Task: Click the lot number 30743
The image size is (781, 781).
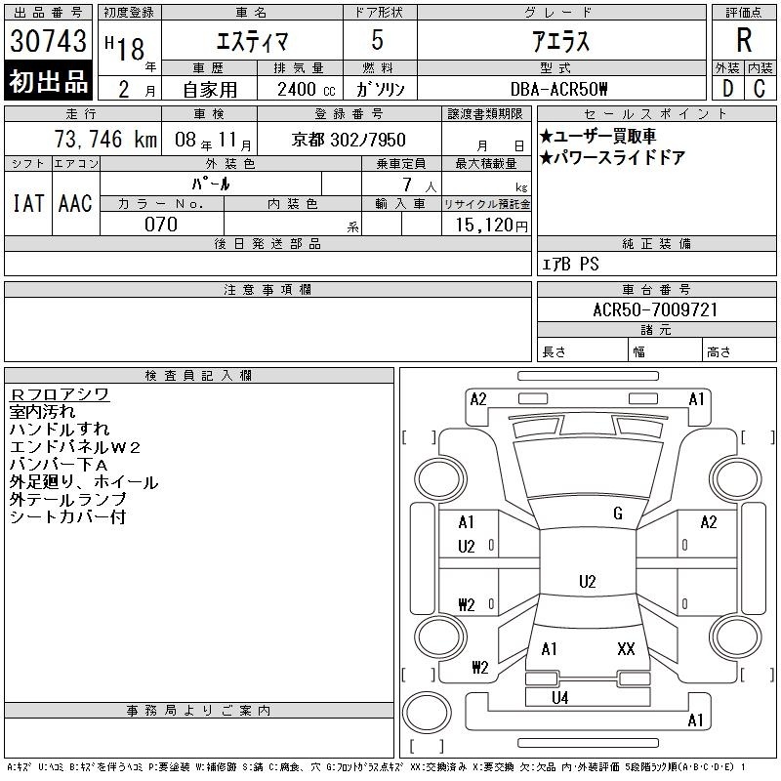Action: pyautogui.click(x=48, y=41)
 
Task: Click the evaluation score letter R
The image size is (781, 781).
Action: pyautogui.click(x=744, y=40)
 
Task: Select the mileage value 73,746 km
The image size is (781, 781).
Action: pyautogui.click(x=105, y=139)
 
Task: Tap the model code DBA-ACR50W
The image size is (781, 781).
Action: pyautogui.click(x=559, y=89)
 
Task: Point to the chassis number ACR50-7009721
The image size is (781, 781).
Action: pyautogui.click(x=655, y=309)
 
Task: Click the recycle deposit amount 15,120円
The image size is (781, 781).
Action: pyautogui.click(x=491, y=225)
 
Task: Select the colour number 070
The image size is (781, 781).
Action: pyautogui.click(x=161, y=225)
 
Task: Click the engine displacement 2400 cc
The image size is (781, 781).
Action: pyautogui.click(x=307, y=89)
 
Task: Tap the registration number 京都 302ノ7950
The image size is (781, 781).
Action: pyautogui.click(x=349, y=140)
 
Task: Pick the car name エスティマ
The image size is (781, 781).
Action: pyautogui.click(x=252, y=41)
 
